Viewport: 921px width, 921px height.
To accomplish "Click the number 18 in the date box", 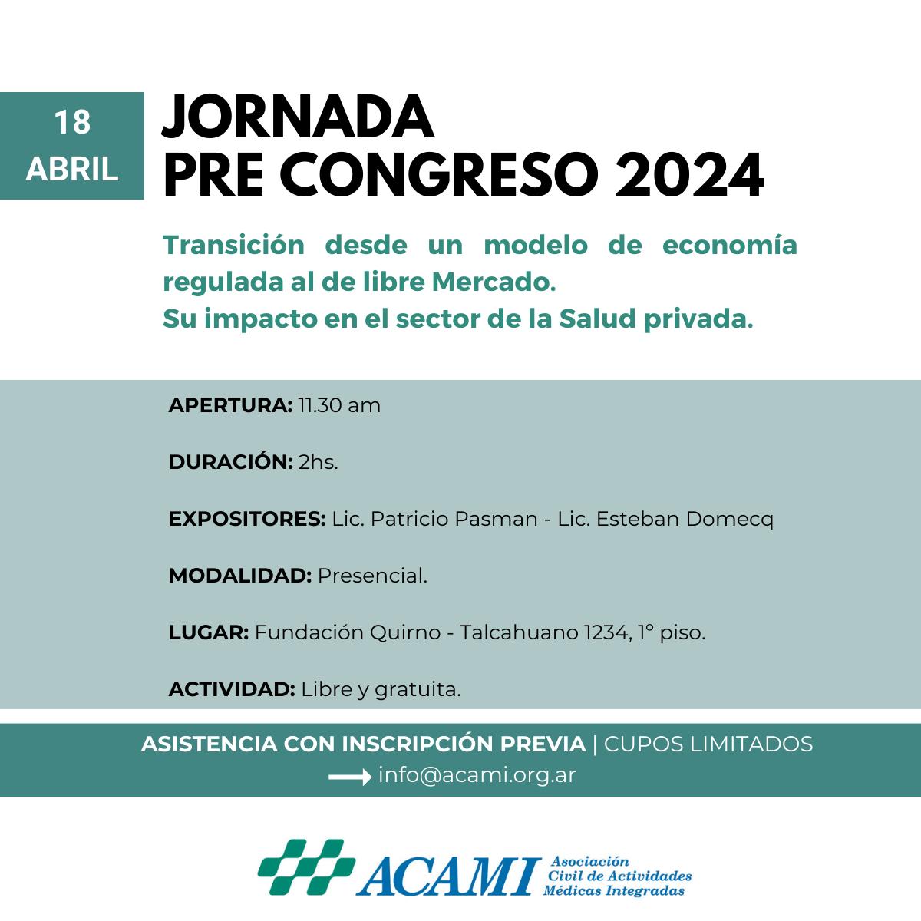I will coord(72,123).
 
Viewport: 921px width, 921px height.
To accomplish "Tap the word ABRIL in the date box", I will coord(72,170).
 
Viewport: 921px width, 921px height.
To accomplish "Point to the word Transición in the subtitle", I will coord(234,246).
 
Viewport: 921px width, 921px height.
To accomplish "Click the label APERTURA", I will coord(229,405).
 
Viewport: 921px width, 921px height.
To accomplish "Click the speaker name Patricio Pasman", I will coord(454,519).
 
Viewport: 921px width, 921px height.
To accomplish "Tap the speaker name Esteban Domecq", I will coord(685,519).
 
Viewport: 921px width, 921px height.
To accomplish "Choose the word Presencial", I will coord(371,576).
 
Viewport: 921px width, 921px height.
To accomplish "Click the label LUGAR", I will coord(208,633).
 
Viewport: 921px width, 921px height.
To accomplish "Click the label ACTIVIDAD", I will coord(231,690).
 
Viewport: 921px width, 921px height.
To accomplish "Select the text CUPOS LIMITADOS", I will coord(708,744).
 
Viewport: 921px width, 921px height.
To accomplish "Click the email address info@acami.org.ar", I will coord(477,775).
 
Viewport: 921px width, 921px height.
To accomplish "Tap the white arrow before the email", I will coord(349,777).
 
